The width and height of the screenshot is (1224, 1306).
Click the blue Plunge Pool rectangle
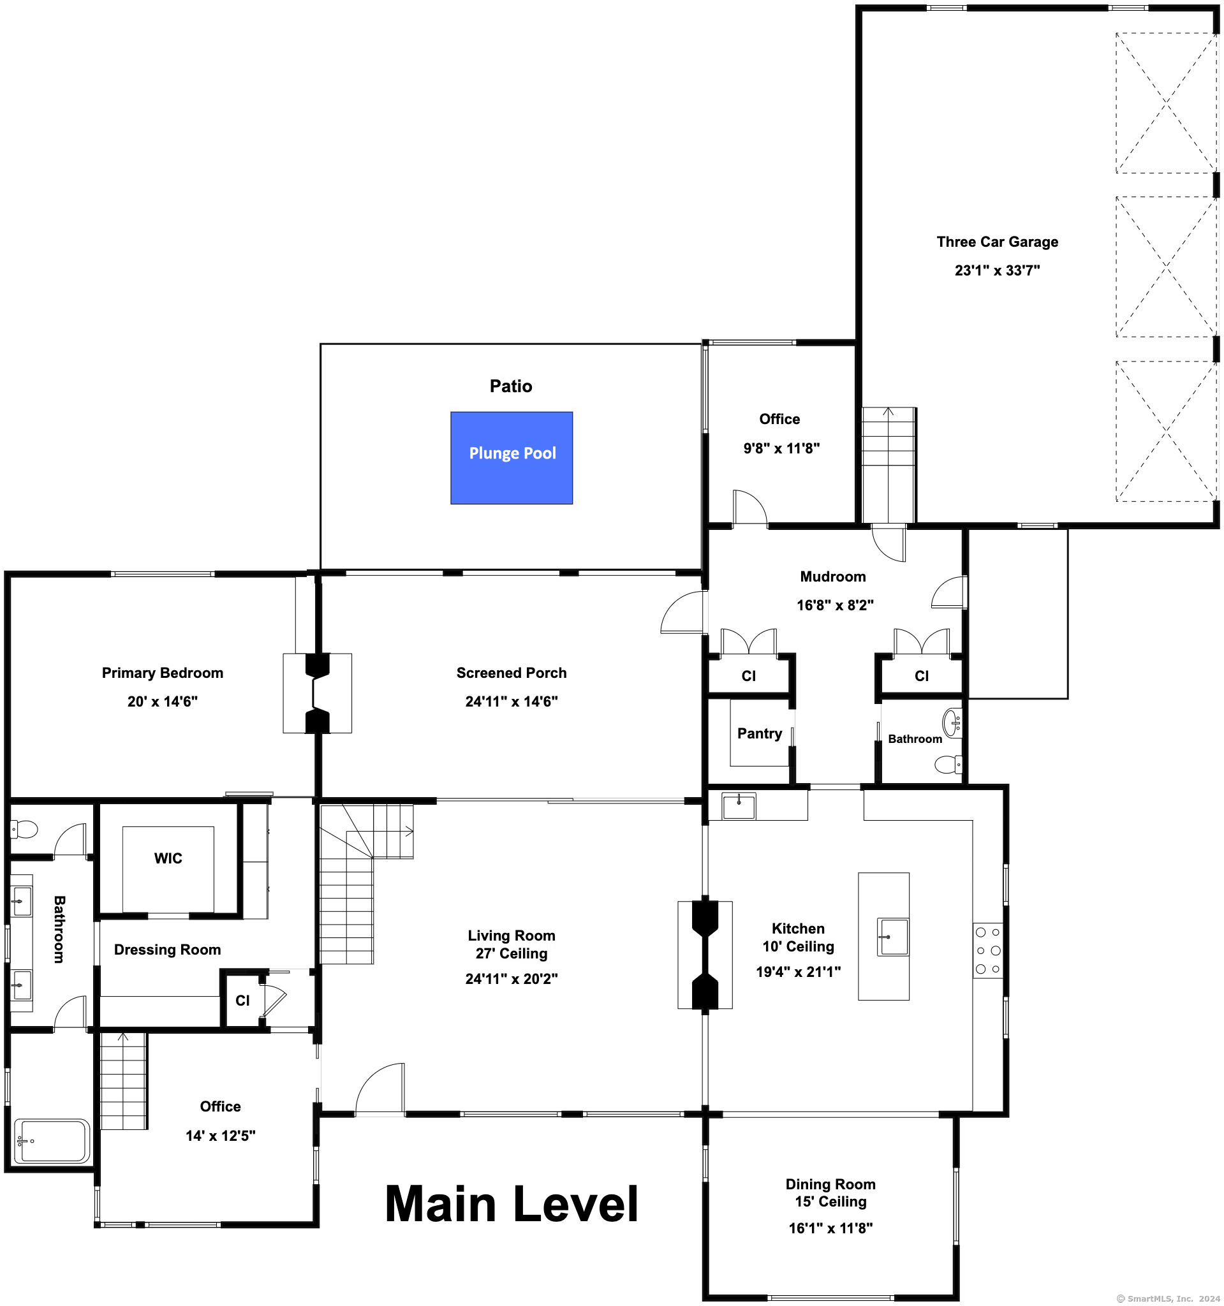coord(511,458)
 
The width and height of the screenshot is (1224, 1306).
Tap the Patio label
coord(511,386)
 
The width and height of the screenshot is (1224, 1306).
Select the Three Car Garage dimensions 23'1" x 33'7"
coord(998,270)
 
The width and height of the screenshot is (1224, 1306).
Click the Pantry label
coord(760,734)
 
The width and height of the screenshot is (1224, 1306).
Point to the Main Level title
coord(511,1205)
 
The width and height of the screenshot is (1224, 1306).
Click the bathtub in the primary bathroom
coord(52,1141)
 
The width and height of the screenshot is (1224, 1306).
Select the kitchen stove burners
coord(988,950)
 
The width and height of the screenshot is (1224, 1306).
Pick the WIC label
coord(168,858)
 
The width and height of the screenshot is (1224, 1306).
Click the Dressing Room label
coord(168,950)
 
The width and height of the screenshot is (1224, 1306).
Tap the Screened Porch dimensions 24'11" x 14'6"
coord(511,701)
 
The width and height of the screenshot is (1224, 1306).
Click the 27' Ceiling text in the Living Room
coord(511,953)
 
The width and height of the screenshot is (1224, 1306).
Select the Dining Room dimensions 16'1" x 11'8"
coord(830,1228)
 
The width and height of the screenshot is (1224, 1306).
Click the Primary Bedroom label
coord(162,673)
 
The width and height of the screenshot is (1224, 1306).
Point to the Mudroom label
coord(833,576)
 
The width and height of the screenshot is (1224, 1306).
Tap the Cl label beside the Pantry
coord(748,676)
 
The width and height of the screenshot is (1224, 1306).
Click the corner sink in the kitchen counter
coord(739,806)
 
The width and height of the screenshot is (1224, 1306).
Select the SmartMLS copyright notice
coord(1168,1299)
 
